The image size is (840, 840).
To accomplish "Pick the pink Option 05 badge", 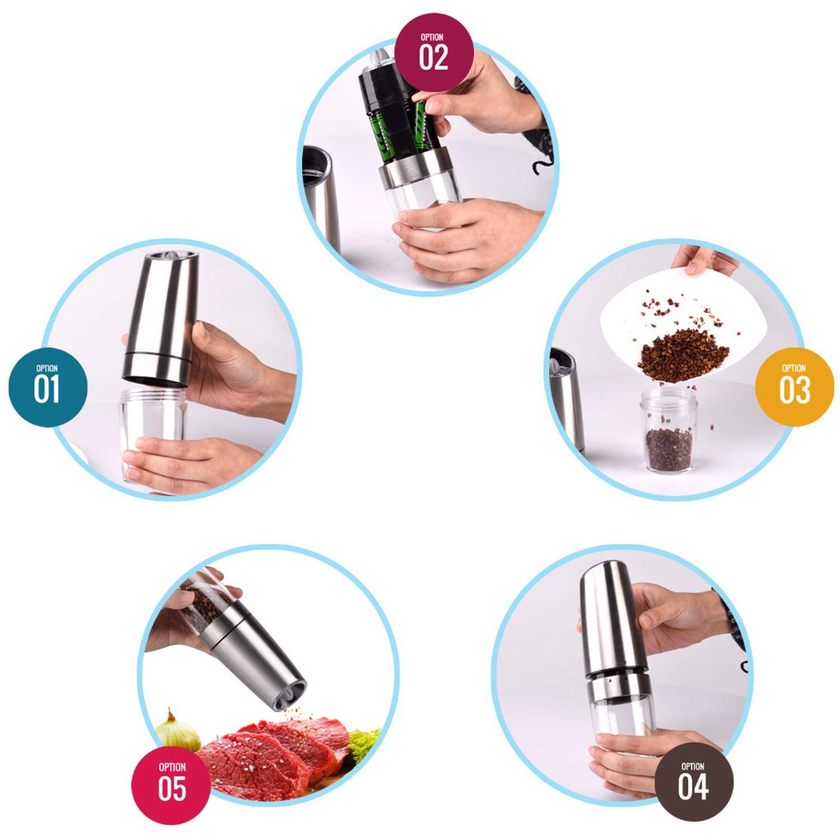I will pos(171,784).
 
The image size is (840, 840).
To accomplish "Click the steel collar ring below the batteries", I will pos(414,168).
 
